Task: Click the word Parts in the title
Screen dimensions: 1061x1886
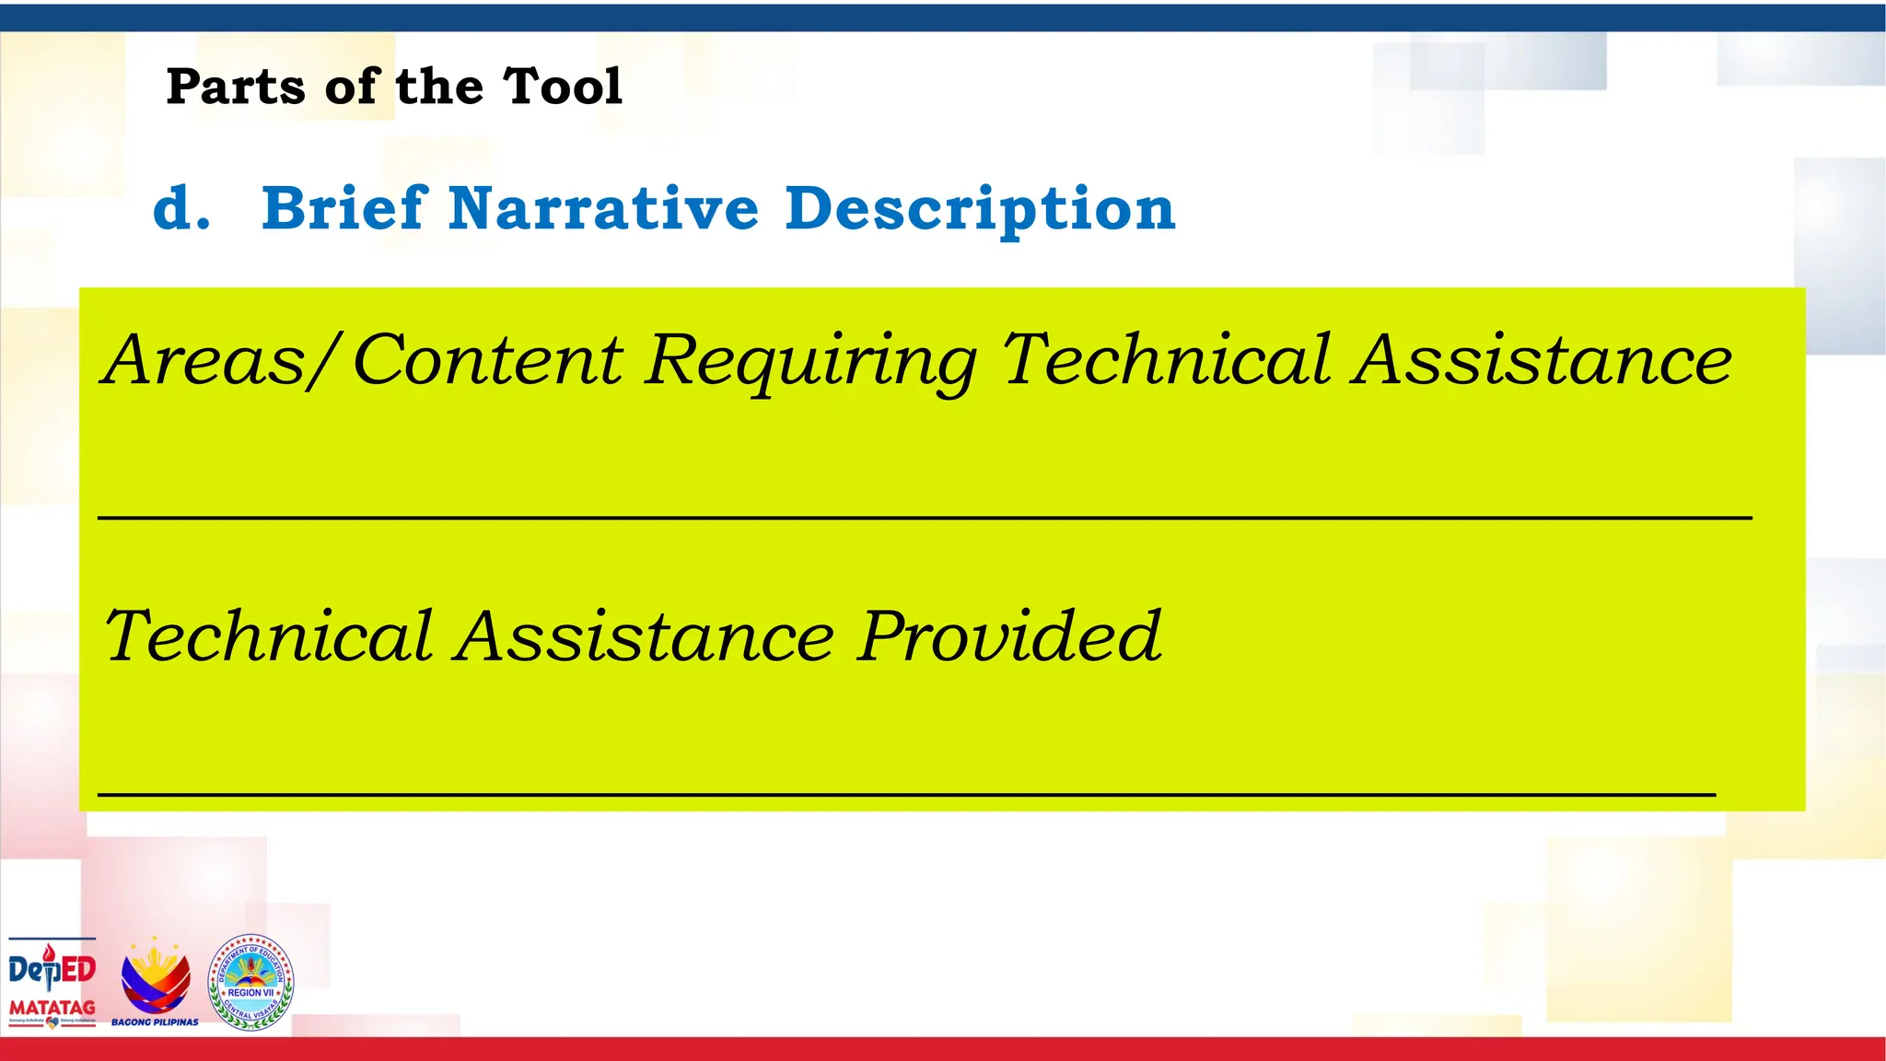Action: (x=235, y=87)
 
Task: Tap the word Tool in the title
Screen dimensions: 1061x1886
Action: (x=563, y=87)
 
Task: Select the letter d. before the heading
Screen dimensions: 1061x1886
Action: (x=181, y=208)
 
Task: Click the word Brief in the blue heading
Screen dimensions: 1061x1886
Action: (x=345, y=208)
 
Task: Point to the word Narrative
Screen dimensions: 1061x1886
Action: (x=604, y=208)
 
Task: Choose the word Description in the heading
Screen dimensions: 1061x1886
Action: (x=981, y=210)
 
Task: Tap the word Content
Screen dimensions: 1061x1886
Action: (x=488, y=360)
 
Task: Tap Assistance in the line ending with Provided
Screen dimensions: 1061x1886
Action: (x=646, y=637)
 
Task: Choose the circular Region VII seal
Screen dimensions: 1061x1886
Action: (x=250, y=982)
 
